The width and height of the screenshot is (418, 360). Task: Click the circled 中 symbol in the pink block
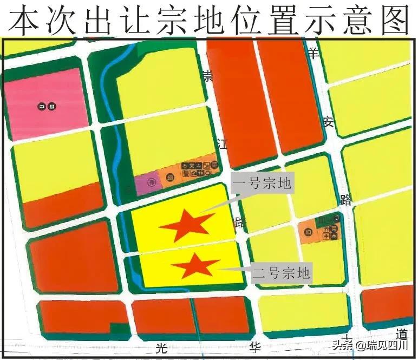tap(42, 107)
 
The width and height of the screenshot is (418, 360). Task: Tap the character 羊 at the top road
tap(313, 53)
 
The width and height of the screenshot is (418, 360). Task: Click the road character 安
tap(328, 122)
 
